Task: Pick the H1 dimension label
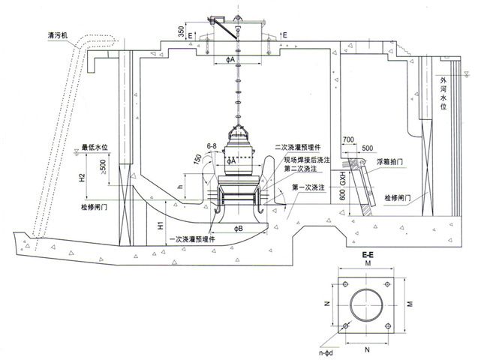tap(160, 225)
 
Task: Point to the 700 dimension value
tap(347, 140)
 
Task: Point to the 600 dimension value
tap(341, 197)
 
